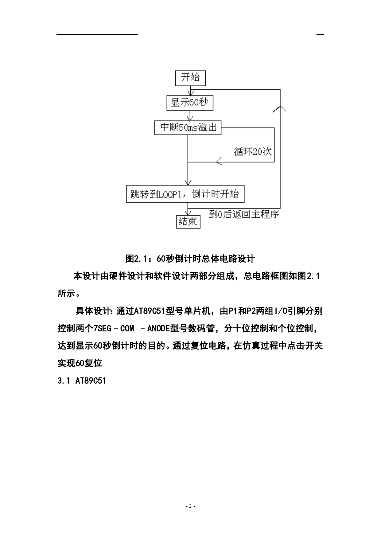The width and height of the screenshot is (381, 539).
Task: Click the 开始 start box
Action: (x=190, y=78)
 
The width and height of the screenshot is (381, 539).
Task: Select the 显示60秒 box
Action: (x=190, y=103)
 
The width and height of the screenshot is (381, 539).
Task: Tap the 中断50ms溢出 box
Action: (x=188, y=127)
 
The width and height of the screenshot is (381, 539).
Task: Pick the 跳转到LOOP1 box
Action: (x=185, y=194)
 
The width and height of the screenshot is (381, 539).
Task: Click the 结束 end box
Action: (x=188, y=221)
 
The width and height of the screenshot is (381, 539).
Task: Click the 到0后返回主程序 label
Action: (x=244, y=214)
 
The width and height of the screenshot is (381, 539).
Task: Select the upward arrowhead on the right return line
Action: (x=280, y=108)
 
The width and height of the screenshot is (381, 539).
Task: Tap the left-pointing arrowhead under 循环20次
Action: (x=219, y=162)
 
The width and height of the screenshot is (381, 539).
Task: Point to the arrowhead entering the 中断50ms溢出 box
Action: (x=191, y=117)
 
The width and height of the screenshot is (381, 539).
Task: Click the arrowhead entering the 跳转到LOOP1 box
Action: (x=188, y=182)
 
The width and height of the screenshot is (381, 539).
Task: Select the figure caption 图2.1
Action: (x=190, y=259)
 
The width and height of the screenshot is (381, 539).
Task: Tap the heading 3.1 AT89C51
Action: (x=82, y=381)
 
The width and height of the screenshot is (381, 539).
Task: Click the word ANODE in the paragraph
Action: (x=159, y=329)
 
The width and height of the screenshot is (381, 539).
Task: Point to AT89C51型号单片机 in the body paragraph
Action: (x=172, y=311)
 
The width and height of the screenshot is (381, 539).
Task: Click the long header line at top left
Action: (x=97, y=34)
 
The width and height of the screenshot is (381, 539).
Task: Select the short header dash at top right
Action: (x=320, y=34)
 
